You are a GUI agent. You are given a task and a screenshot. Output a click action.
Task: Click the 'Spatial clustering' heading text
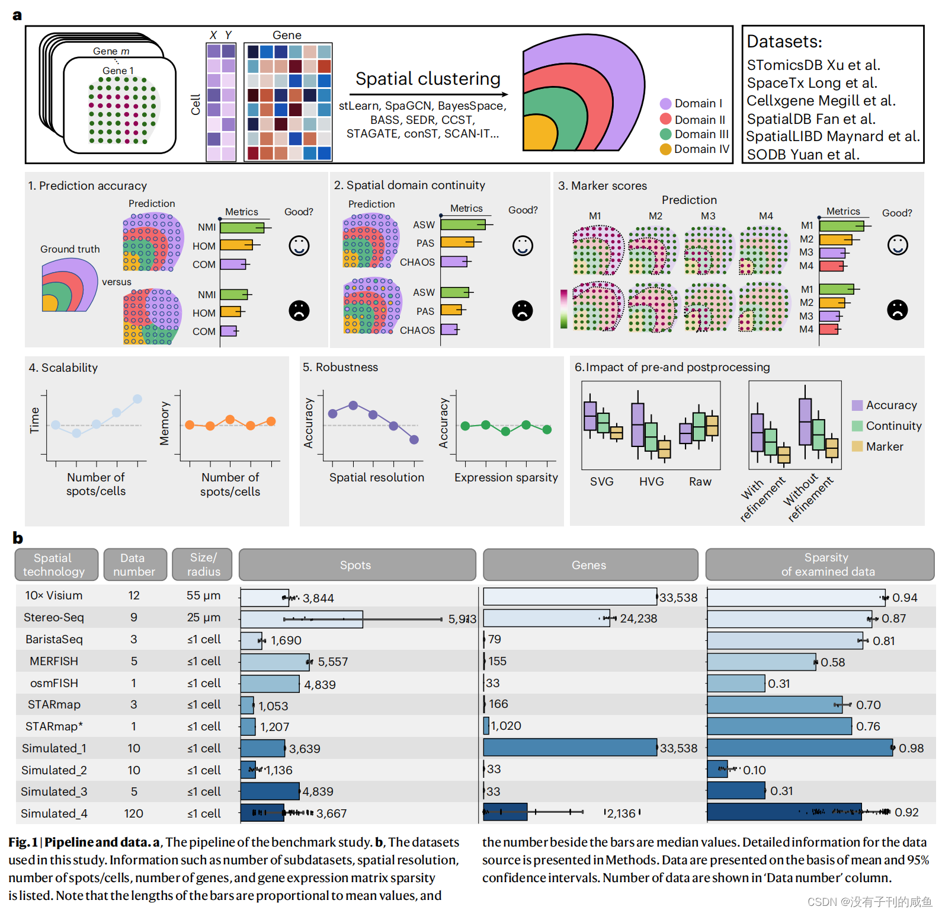pyautogui.click(x=428, y=79)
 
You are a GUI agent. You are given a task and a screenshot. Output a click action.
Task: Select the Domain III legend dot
pyautogui.click(x=665, y=135)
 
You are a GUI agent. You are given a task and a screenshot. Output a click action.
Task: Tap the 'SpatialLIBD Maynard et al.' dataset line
pyautogui.click(x=832, y=136)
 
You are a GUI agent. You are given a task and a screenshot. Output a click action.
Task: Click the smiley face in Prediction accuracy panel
pyautogui.click(x=299, y=245)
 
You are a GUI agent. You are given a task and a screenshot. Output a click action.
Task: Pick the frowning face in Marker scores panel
pyautogui.click(x=898, y=309)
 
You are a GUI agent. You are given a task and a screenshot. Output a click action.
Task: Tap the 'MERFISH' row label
pyautogui.click(x=54, y=661)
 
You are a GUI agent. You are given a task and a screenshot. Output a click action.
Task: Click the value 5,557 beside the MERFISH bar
pyautogui.click(x=333, y=662)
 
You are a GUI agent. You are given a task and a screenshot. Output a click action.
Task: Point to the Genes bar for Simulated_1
pyautogui.click(x=570, y=748)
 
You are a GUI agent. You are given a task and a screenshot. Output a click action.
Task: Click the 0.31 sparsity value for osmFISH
pyautogui.click(x=778, y=684)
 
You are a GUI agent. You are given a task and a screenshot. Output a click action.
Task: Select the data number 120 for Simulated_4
pyautogui.click(x=134, y=813)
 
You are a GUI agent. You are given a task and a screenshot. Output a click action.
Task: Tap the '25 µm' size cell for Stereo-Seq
pyautogui.click(x=204, y=617)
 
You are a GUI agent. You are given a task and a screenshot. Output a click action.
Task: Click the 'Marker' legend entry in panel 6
pyautogui.click(x=884, y=446)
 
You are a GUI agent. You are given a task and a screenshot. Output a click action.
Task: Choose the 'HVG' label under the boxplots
pyautogui.click(x=651, y=481)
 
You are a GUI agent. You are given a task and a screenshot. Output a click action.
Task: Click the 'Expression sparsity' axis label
pyautogui.click(x=506, y=477)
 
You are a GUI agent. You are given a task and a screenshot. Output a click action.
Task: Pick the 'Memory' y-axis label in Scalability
pyautogui.click(x=165, y=423)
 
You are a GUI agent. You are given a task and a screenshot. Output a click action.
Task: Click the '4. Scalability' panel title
pyautogui.click(x=63, y=368)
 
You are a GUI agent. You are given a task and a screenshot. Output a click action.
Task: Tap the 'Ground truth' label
pyautogui.click(x=70, y=249)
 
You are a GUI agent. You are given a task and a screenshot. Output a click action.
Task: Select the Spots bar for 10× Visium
pyautogui.click(x=264, y=598)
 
